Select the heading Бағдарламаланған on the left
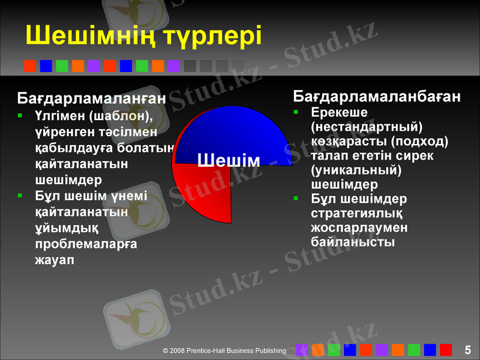click(x=92, y=97)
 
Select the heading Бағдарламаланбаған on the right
click(x=377, y=96)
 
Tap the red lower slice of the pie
click(x=204, y=192)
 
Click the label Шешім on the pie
click(x=228, y=160)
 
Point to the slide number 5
click(x=468, y=350)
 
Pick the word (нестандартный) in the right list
click(x=367, y=127)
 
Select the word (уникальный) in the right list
click(x=356, y=170)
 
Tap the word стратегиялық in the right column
click(x=356, y=214)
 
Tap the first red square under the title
click(x=29, y=66)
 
